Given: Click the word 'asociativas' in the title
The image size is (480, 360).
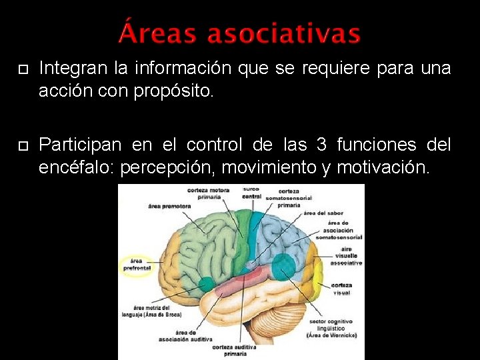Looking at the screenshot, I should pyautogui.click(x=284, y=33).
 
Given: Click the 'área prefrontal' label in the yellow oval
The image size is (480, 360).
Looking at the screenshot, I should pyautogui.click(x=137, y=264).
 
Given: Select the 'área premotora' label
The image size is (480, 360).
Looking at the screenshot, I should pyautogui.click(x=169, y=206).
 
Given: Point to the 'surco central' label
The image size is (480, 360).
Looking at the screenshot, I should pyautogui.click(x=251, y=193).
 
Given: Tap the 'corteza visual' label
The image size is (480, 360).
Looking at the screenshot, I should pyautogui.click(x=341, y=289).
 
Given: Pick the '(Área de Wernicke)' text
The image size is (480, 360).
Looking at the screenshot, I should pyautogui.click(x=331, y=335).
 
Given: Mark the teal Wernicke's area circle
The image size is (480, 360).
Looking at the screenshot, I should pyautogui.click(x=283, y=266).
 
